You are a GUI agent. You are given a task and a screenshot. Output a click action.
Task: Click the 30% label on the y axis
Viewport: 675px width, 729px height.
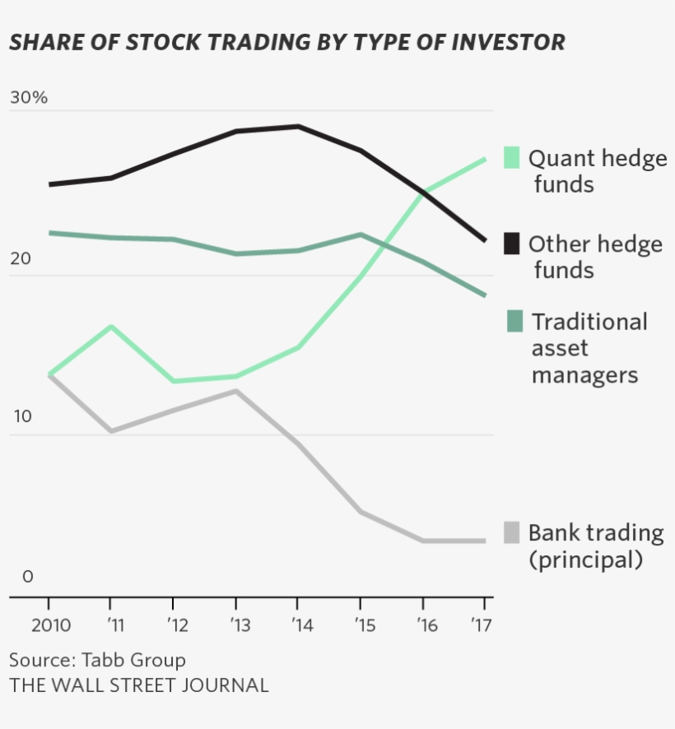tap(29, 97)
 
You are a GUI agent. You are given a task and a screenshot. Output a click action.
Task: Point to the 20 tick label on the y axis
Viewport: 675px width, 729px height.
tap(21, 258)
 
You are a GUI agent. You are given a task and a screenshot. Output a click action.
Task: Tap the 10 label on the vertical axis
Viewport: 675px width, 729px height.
tap(21, 417)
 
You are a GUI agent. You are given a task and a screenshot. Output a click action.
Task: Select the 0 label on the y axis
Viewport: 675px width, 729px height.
tap(28, 577)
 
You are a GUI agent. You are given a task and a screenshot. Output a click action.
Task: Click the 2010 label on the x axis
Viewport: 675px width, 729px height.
tap(50, 625)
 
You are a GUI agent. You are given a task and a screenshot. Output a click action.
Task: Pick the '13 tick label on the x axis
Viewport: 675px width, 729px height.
tap(236, 625)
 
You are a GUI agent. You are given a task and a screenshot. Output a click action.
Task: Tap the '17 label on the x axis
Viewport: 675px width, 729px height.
tap(482, 625)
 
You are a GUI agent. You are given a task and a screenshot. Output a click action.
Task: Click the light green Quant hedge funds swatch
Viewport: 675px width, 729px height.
tap(511, 157)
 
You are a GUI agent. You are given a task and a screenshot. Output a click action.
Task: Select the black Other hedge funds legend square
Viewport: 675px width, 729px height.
tap(511, 244)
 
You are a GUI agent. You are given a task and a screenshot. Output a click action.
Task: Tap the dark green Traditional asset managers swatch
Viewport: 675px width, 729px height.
tap(514, 321)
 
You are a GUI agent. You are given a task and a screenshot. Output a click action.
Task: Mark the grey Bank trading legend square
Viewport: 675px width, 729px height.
tap(511, 532)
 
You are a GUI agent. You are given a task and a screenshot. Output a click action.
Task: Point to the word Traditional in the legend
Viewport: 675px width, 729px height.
tap(589, 322)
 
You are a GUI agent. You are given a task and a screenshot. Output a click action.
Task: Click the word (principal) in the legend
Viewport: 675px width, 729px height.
tap(584, 560)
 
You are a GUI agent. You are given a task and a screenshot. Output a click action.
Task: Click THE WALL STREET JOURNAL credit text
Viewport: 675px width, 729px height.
tap(139, 685)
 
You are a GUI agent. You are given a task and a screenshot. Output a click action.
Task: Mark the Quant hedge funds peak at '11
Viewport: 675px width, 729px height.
tap(111, 327)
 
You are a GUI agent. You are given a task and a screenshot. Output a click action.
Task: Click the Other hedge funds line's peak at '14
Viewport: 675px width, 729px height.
tap(298, 126)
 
